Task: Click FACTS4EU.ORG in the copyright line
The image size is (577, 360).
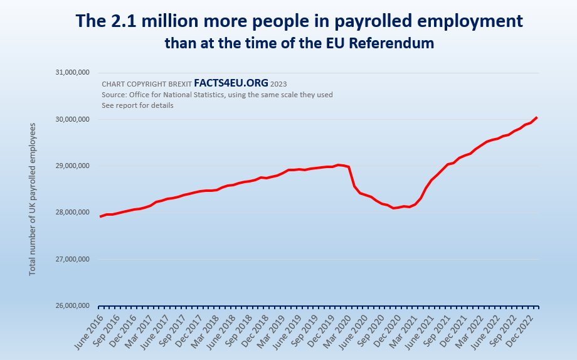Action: (231, 83)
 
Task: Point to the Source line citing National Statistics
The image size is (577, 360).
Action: (217, 95)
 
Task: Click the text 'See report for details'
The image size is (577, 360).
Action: (137, 105)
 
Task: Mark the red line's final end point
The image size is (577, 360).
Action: (537, 117)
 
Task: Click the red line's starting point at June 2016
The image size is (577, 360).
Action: (100, 216)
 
